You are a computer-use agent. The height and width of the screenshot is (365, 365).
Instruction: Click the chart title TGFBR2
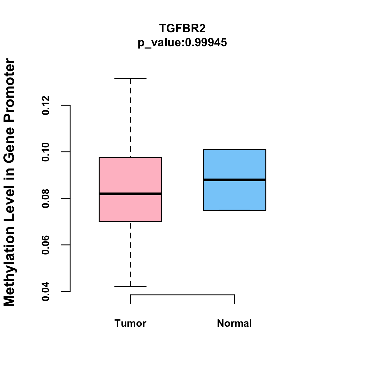click(x=182, y=28)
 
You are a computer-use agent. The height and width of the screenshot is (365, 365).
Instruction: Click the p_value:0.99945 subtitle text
click(x=182, y=42)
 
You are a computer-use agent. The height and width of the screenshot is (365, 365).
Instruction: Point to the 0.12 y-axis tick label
click(x=46, y=105)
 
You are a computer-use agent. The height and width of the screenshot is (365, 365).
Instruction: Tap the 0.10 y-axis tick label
click(x=46, y=152)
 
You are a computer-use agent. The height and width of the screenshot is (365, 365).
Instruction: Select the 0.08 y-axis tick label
click(x=46, y=198)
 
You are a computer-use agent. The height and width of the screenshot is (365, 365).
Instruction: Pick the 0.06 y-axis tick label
click(x=46, y=245)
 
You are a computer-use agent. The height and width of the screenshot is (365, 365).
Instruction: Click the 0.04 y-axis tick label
click(x=46, y=291)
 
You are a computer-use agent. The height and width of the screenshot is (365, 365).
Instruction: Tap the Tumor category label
click(x=130, y=323)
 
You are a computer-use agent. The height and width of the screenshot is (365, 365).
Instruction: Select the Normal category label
click(x=235, y=323)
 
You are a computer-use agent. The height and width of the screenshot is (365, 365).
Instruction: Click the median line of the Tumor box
click(x=130, y=194)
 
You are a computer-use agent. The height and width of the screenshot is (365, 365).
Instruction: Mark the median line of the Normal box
click(x=235, y=180)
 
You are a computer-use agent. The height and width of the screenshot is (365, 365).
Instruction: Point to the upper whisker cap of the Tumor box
click(x=130, y=78)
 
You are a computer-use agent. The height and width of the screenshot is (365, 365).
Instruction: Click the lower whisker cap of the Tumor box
click(x=130, y=287)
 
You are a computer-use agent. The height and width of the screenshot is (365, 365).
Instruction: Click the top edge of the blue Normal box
click(x=235, y=150)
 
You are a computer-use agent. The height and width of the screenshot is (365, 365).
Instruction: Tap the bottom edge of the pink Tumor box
click(x=130, y=221)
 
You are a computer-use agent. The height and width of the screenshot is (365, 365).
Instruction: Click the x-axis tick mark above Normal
click(x=235, y=299)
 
